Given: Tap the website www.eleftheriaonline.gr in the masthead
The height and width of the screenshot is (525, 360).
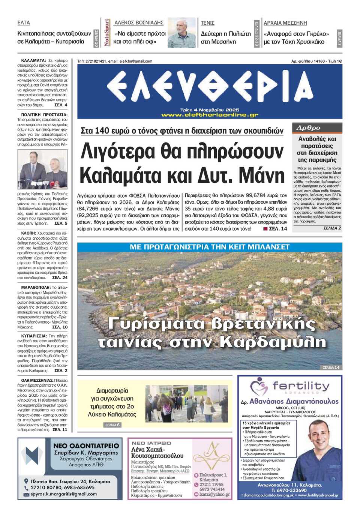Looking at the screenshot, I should pyautogui.click(x=210, y=115).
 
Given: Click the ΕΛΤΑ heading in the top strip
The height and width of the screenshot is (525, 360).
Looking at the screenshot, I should pyautogui.click(x=24, y=23).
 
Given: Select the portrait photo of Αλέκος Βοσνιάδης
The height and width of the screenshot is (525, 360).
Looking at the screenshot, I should pyautogui.click(x=181, y=33).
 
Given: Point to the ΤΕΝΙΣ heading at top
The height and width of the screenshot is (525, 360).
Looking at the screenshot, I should pyautogui.click(x=207, y=23).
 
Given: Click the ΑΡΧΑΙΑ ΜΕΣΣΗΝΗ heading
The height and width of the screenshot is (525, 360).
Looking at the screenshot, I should pyautogui.click(x=285, y=23).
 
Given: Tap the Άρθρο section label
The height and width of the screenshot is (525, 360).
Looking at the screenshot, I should pyautogui.click(x=308, y=128).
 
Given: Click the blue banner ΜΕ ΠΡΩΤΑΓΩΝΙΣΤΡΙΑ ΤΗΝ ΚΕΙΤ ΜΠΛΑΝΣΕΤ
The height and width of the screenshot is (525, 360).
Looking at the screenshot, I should pyautogui.click(x=210, y=247).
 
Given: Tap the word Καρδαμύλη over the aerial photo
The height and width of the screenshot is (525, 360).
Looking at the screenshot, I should pyautogui.click(x=273, y=342).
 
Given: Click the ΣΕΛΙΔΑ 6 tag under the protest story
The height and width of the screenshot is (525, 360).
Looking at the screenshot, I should pyautogui.click(x=112, y=425).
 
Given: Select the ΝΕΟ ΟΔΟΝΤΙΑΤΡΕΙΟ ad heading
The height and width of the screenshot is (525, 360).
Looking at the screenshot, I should pyautogui.click(x=86, y=446).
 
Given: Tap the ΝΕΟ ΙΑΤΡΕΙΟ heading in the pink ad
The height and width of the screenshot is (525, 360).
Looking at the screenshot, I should pyautogui.click(x=151, y=443).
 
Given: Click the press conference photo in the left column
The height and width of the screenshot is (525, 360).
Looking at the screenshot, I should pyautogui.click(x=42, y=169).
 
